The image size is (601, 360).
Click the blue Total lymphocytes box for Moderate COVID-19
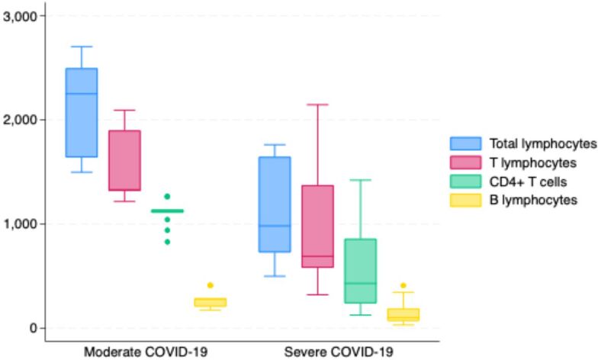pyautogui.click(x=82, y=112)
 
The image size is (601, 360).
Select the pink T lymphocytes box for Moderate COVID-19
pyautogui.click(x=124, y=160)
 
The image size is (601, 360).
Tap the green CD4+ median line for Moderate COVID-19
pyautogui.click(x=168, y=211)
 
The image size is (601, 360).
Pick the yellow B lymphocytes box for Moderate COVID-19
pyautogui.click(x=210, y=302)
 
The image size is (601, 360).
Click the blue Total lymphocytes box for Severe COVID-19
pyautogui.click(x=275, y=204)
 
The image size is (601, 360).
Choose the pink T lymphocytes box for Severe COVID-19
pyautogui.click(x=317, y=227)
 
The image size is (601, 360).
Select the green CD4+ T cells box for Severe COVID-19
pyautogui.click(x=360, y=271)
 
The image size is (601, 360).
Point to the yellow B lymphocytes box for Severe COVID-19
pyautogui.click(x=403, y=315)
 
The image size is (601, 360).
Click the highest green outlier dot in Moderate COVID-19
pyautogui.click(x=167, y=197)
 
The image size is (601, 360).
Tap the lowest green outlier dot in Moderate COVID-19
pyautogui.click(x=167, y=242)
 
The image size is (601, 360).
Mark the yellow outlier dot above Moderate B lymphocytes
pyautogui.click(x=210, y=285)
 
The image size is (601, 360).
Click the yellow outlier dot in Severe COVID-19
pyautogui.click(x=403, y=285)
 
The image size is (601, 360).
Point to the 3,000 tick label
pyautogui.click(x=20, y=16)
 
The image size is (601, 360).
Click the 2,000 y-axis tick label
pyautogui.click(x=20, y=120)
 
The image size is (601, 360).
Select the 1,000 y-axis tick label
pyautogui.click(x=20, y=224)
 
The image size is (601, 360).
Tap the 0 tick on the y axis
pyautogui.click(x=33, y=328)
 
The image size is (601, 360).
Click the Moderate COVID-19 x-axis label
pyautogui.click(x=146, y=352)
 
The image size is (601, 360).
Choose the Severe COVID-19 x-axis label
pyautogui.click(x=339, y=352)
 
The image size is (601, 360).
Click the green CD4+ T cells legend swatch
pyautogui.click(x=466, y=182)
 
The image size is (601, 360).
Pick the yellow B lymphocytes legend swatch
pyautogui.click(x=466, y=200)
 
